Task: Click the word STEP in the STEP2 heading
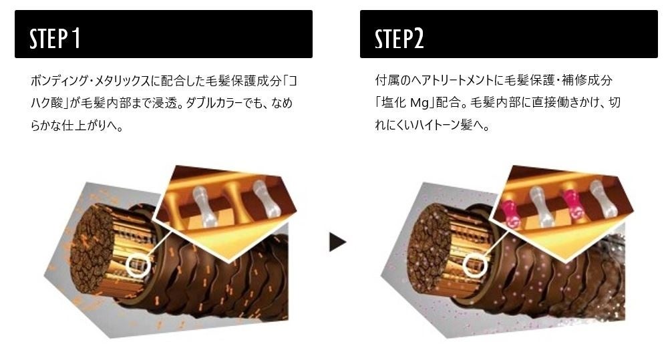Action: pos(393,39)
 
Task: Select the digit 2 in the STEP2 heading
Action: pos(418,39)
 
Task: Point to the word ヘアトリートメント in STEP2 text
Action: pos(443,81)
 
